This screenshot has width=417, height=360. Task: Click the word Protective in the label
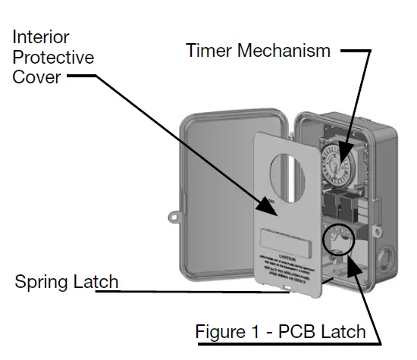click(x=53, y=57)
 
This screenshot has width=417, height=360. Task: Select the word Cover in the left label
click(x=36, y=77)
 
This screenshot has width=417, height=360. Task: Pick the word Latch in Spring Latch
click(x=97, y=282)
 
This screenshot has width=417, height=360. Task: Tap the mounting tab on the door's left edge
click(x=182, y=202)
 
